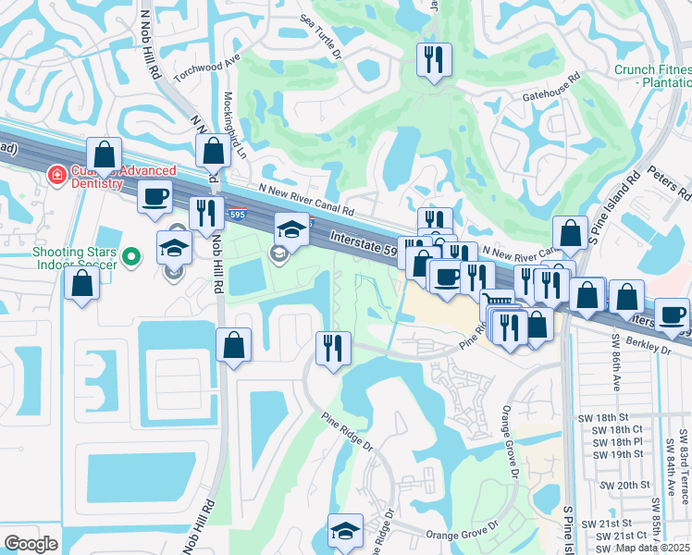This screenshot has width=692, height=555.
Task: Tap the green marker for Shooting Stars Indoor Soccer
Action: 132,257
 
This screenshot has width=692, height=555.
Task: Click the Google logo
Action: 31,544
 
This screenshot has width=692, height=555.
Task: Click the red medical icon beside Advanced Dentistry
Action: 56,173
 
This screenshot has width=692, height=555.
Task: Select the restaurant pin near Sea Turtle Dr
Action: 434,60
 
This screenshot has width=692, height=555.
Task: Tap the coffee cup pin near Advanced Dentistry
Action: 154,195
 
